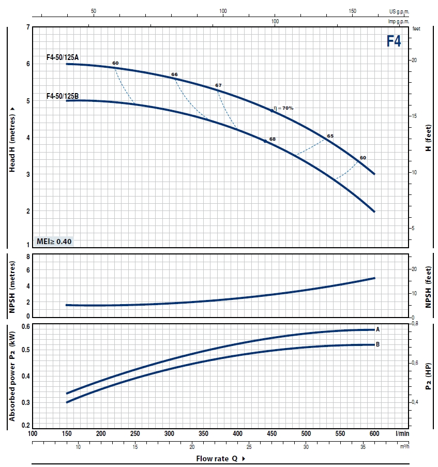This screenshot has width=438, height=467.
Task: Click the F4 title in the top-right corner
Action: (x=394, y=41)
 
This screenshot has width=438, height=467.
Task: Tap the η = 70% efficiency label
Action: (x=284, y=108)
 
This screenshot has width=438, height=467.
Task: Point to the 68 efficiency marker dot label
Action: (x=273, y=139)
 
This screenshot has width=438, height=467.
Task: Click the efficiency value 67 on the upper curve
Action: (x=218, y=85)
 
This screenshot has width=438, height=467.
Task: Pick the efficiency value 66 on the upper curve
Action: (x=174, y=75)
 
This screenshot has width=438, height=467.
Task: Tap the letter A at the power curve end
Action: (x=378, y=329)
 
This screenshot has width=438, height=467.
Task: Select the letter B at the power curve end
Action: (x=378, y=344)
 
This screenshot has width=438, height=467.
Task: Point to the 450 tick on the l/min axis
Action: (x=271, y=433)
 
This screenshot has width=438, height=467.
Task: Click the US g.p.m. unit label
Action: (x=399, y=11)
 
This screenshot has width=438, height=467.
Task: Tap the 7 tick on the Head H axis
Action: (x=27, y=27)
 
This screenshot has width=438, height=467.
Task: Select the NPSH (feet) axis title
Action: (x=428, y=287)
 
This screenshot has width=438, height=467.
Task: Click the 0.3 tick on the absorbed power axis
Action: (x=25, y=402)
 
